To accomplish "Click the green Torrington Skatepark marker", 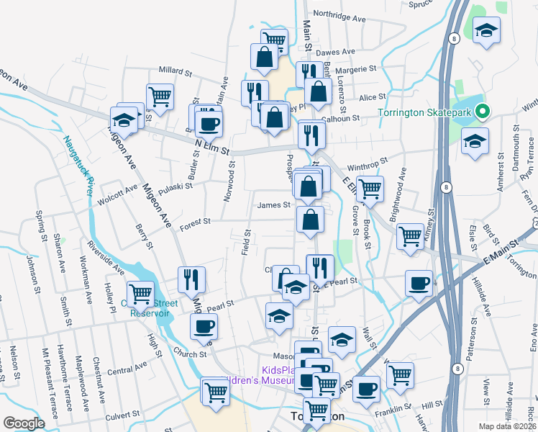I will coord(483,112).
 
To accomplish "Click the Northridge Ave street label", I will coord(339,14).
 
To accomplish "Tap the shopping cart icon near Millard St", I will coord(160,95).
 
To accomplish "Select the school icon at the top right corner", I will coord(487,30).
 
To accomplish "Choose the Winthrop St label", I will coord(368,163).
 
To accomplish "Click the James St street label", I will coord(273,204).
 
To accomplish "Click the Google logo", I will coord(24,423).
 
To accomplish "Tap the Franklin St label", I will coord(392,415).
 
